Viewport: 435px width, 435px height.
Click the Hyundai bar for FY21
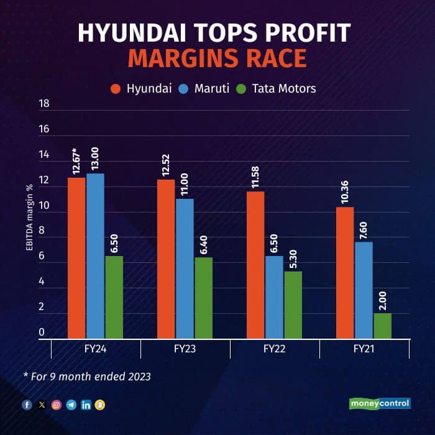345,273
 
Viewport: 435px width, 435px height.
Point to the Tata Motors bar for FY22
293,304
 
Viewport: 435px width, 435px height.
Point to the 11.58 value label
255,175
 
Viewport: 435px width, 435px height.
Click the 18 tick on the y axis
44,104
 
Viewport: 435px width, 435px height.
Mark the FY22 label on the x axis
274,349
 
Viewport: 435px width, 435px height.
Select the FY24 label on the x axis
95,349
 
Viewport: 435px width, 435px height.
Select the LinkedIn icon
86,405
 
